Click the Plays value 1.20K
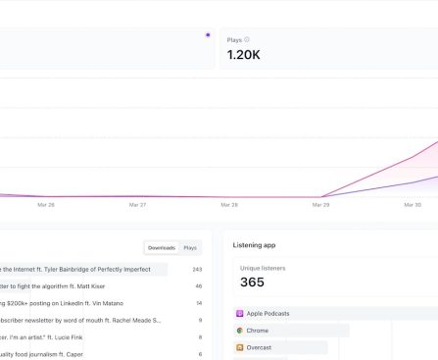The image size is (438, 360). [x=243, y=55]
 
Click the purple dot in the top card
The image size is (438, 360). [x=207, y=34]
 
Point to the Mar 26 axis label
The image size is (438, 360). [x=46, y=205]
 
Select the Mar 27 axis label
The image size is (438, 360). [x=137, y=205]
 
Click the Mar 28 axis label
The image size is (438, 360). [x=228, y=205]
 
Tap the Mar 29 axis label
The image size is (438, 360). [x=320, y=205]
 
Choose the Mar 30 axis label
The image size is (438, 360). [x=413, y=205]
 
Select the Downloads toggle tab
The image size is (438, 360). [x=162, y=248]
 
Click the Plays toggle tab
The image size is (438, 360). [x=190, y=248]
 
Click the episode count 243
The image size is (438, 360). [x=197, y=269]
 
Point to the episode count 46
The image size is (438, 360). [x=198, y=286]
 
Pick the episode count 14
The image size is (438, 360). [x=198, y=303]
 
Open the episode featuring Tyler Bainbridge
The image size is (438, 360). [x=83, y=269]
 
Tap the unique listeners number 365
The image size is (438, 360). [x=252, y=282]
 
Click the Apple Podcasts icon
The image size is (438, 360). [x=239, y=314]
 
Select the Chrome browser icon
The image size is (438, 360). [x=239, y=331]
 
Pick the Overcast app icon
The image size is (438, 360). [x=239, y=347]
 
